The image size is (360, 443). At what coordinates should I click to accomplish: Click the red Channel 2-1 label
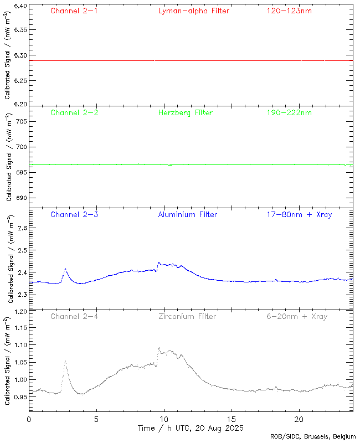click(x=74, y=11)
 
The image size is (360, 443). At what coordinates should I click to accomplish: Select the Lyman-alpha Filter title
click(x=193, y=11)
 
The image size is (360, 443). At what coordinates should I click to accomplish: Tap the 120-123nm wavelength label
click(x=289, y=11)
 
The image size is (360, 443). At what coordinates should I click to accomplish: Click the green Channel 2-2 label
click(x=74, y=112)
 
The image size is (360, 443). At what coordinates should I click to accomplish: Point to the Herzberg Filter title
click(x=185, y=112)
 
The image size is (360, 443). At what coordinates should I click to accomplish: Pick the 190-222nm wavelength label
click(x=289, y=112)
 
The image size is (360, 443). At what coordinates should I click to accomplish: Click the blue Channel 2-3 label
click(x=74, y=214)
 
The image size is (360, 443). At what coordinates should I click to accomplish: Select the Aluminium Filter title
click(x=187, y=214)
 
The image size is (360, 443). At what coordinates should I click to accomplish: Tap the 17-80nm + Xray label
click(x=299, y=214)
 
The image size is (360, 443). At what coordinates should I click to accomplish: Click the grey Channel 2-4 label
click(x=74, y=316)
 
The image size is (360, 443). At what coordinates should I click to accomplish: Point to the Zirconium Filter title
click(x=186, y=316)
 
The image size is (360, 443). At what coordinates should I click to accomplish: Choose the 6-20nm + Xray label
click(x=297, y=316)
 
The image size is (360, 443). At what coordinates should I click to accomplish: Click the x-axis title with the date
click(x=191, y=428)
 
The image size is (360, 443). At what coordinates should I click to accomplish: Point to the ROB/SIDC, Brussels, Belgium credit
click(x=313, y=437)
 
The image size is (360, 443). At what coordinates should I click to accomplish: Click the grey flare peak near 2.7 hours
click(x=65, y=360)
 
